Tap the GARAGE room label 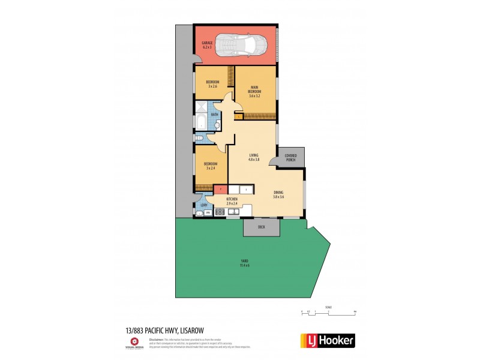click(208, 44)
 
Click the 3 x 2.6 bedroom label click(213, 84)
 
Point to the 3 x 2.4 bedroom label click(211, 166)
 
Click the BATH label click(214, 115)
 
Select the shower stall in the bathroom click(200, 109)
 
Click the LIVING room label click(253, 157)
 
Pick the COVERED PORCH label click(291, 157)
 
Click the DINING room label click(278, 194)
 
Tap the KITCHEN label click(232, 201)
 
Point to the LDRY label click(204, 206)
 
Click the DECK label click(261, 227)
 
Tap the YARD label click(244, 262)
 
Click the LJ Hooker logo click(327, 340)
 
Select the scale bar click(328, 312)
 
